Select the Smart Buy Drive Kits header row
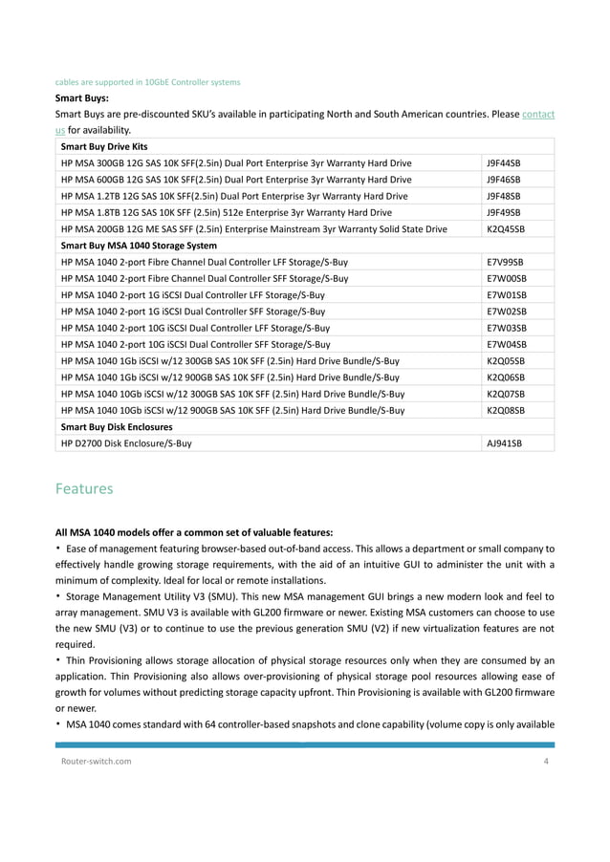103,147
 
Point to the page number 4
546,761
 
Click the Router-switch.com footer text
93,761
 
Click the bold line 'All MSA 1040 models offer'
193,531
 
